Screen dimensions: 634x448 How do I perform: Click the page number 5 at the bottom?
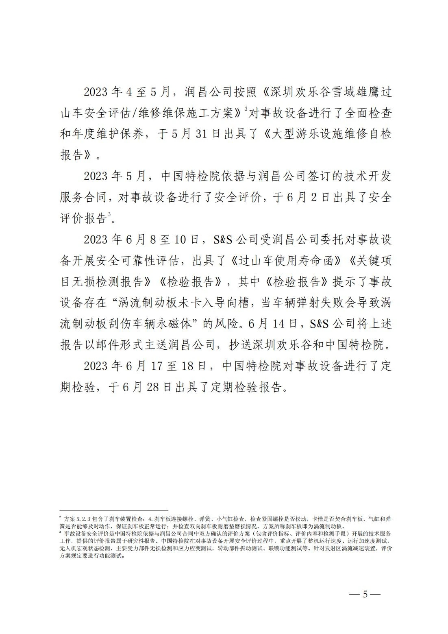coord(365,594)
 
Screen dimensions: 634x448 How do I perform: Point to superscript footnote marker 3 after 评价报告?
coord(109,214)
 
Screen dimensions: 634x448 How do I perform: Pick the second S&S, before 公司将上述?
coord(318,324)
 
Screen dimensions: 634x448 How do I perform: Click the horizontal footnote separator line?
coord(113,510)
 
